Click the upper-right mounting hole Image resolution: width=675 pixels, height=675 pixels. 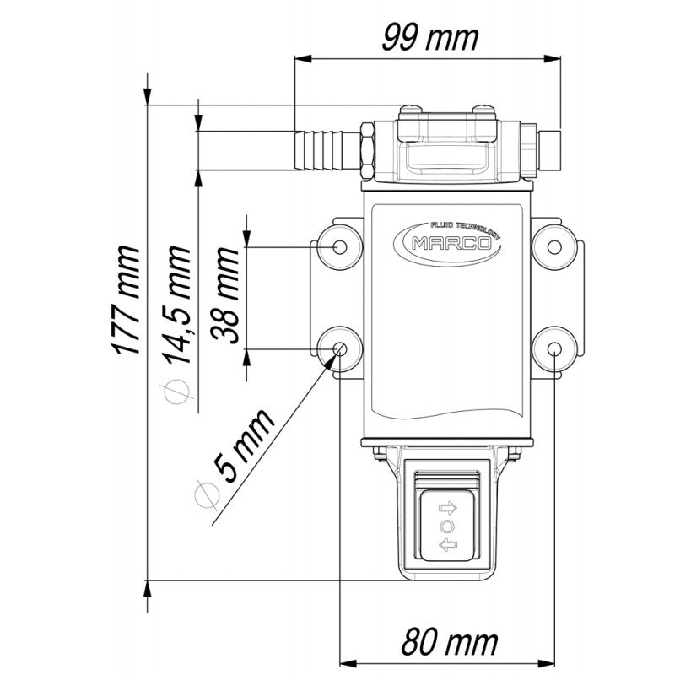click(x=554, y=246)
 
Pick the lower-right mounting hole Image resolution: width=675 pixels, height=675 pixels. click(x=554, y=349)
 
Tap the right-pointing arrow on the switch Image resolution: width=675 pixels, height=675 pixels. click(x=447, y=509)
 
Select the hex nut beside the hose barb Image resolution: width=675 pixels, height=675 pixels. click(x=369, y=150)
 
